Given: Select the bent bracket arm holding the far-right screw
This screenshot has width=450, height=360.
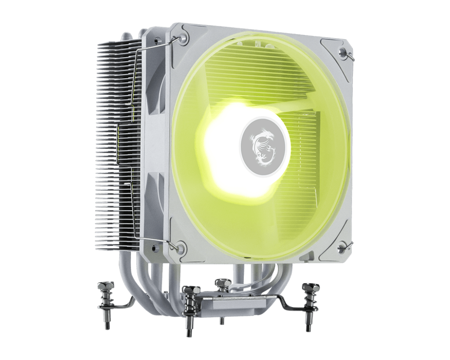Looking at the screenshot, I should [286, 303].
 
